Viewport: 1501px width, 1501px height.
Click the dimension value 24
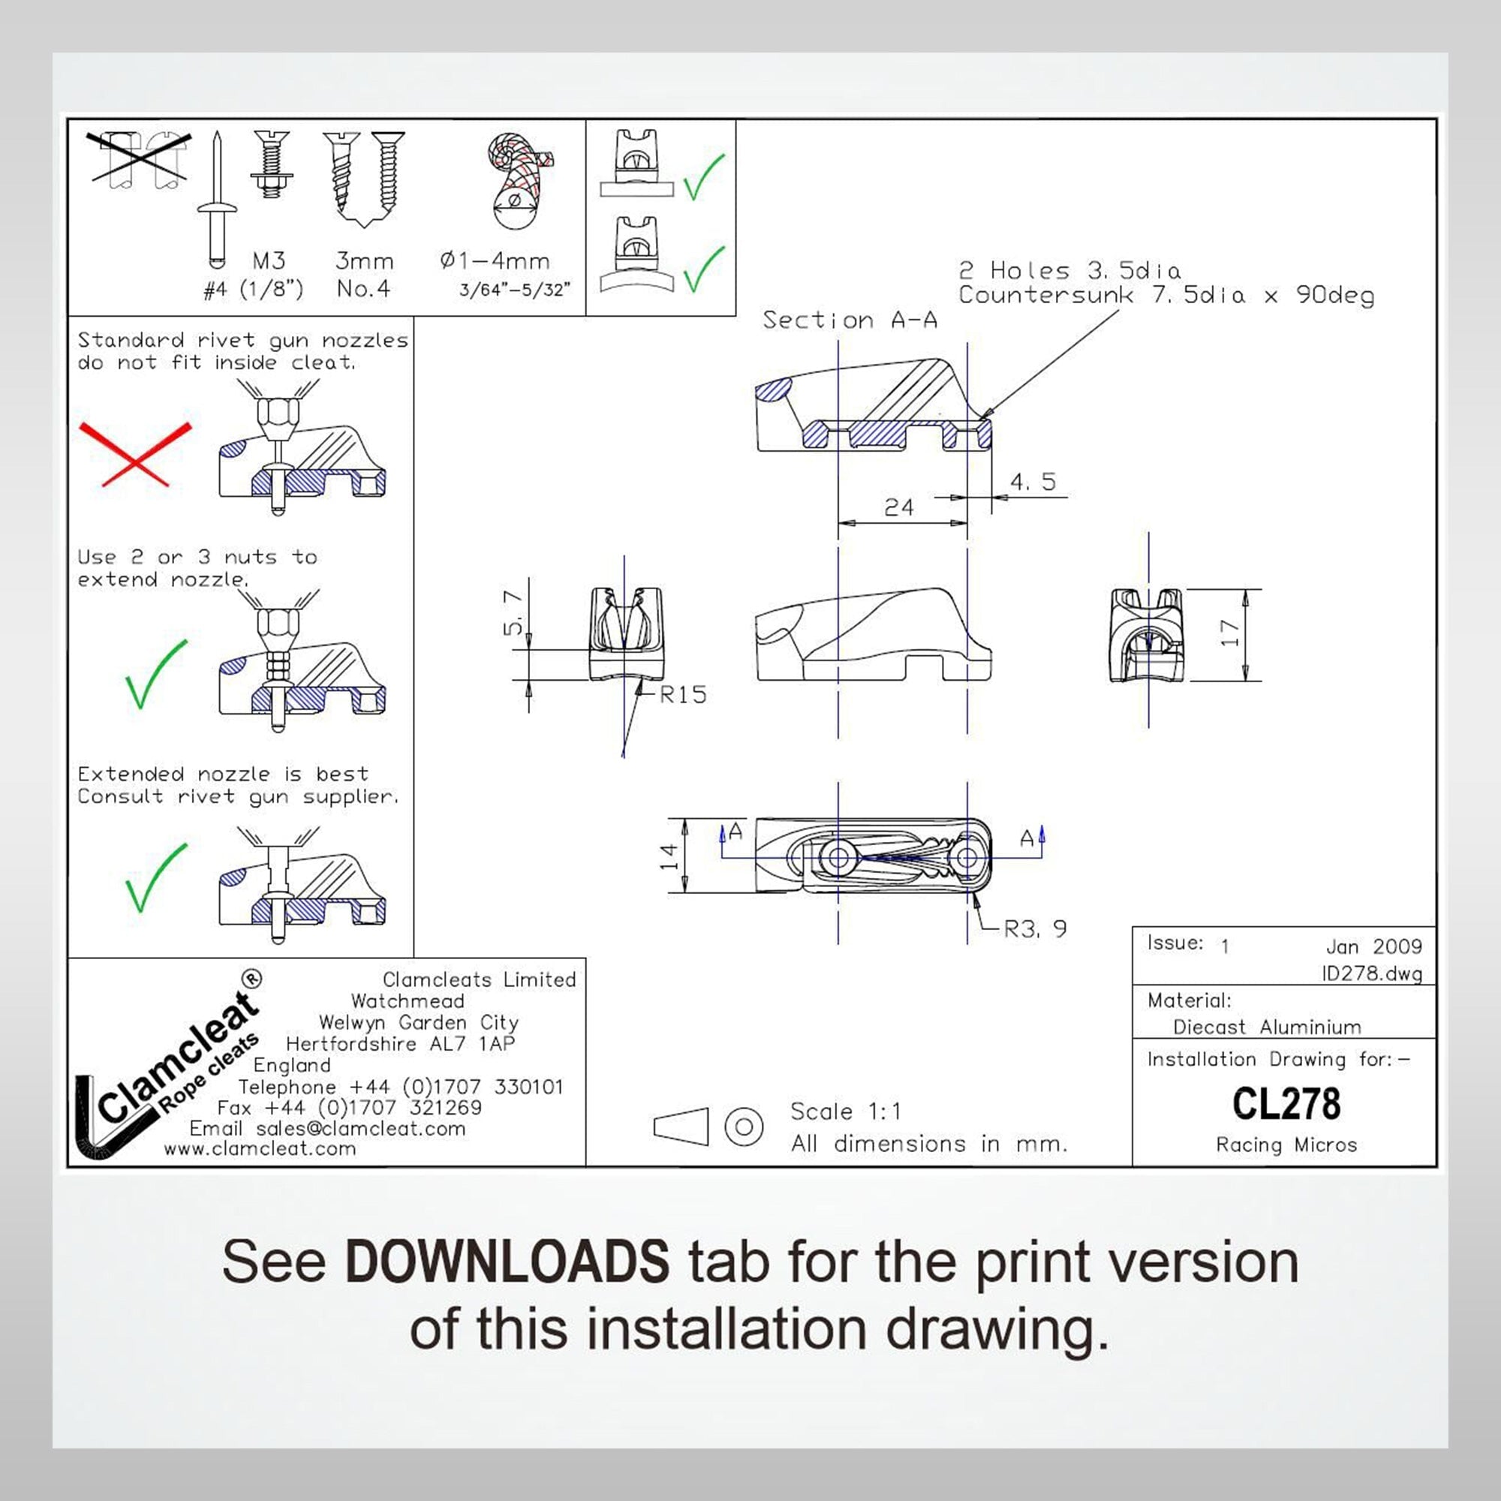click(x=899, y=507)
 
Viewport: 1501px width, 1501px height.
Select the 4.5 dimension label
click(x=1033, y=482)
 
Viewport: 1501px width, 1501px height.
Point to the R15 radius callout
click(x=683, y=694)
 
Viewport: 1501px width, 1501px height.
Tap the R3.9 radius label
click(x=1036, y=928)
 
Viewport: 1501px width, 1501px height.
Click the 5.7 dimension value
click(x=513, y=612)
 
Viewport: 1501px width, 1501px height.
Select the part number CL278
click(x=1286, y=1104)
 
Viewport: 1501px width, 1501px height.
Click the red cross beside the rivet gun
click(x=135, y=455)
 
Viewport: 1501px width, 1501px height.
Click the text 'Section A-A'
click(x=850, y=320)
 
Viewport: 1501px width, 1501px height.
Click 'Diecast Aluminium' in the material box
click(x=1267, y=1027)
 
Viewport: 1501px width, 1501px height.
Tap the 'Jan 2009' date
click(x=1373, y=946)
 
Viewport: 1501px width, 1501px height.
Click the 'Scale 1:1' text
click(x=846, y=1111)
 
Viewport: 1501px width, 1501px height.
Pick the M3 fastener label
click(x=269, y=260)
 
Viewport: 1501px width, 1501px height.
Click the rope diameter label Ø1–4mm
click(x=495, y=260)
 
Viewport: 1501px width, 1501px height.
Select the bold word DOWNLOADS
click(x=507, y=1261)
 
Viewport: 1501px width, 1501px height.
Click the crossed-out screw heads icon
click(x=139, y=160)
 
